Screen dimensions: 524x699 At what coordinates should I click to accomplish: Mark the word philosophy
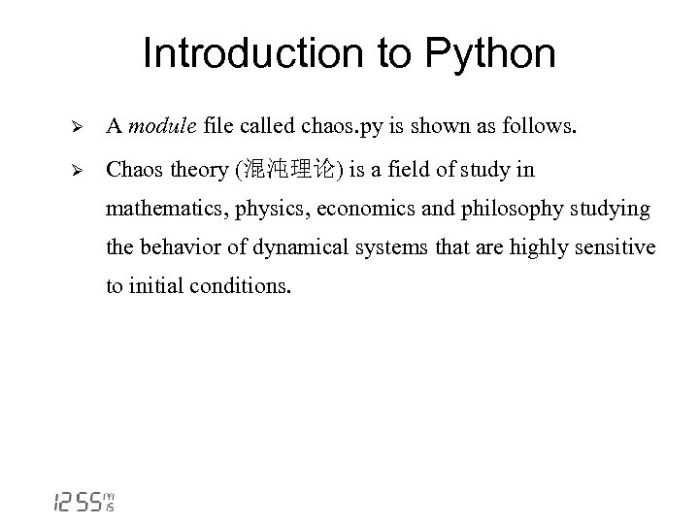[x=484, y=210]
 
